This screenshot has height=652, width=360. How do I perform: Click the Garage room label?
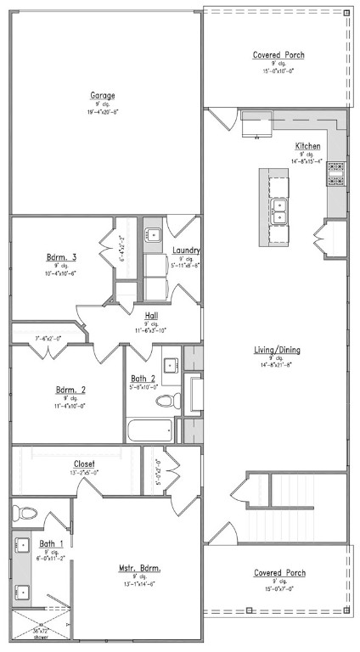click(x=104, y=95)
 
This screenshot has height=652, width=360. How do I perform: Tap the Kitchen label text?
click(x=307, y=146)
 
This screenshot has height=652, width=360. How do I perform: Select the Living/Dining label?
click(x=277, y=350)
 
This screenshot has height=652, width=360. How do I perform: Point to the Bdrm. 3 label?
click(x=61, y=257)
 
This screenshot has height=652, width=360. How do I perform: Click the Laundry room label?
click(x=185, y=250)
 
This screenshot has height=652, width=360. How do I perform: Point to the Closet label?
click(x=84, y=464)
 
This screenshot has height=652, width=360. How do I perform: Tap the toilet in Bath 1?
click(x=25, y=513)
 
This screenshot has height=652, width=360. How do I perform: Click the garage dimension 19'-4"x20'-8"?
click(x=104, y=112)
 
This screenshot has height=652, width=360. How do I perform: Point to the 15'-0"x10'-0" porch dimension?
click(x=278, y=71)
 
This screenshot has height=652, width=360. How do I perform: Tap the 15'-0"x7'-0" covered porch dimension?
click(x=278, y=589)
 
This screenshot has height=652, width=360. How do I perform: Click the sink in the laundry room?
click(x=153, y=235)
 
